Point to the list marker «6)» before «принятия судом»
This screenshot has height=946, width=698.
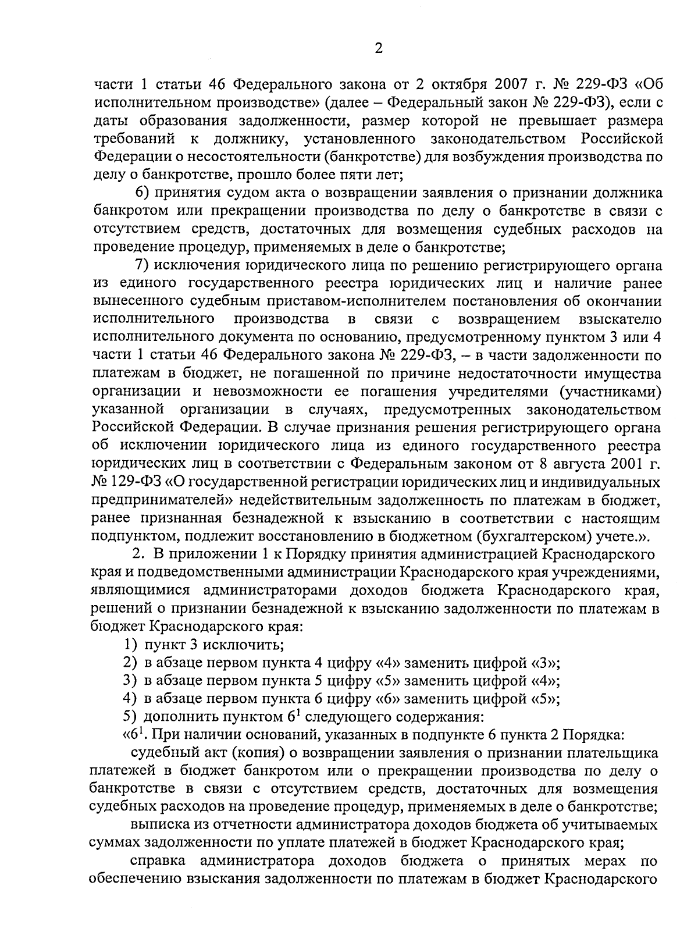[143, 193]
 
